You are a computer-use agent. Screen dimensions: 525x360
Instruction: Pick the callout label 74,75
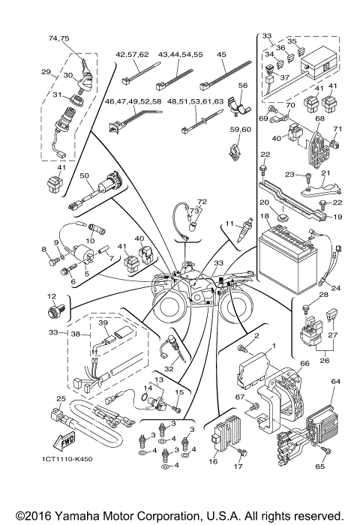[x=58, y=37]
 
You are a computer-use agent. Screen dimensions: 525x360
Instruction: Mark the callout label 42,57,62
[x=132, y=55]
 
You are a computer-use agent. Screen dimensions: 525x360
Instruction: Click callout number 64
[x=335, y=382]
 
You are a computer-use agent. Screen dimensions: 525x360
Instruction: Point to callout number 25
[x=61, y=398]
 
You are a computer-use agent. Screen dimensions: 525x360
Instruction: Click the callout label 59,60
[x=239, y=130]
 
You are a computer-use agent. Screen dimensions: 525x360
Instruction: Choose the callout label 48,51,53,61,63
[x=196, y=100]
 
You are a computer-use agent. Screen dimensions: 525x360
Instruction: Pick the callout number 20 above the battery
[x=264, y=203]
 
